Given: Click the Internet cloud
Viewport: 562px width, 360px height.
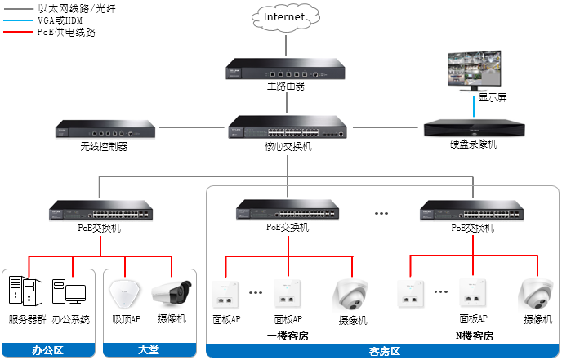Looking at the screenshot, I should [284, 16].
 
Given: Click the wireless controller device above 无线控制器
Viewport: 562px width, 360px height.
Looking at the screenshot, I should [104, 129].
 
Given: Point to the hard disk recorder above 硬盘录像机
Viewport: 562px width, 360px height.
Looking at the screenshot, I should [473, 128].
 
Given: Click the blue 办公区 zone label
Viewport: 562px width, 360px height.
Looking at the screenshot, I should [49, 350].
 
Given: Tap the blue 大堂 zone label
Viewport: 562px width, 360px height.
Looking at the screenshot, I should [150, 350].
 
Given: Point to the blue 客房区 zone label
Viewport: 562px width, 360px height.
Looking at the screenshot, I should [383, 352].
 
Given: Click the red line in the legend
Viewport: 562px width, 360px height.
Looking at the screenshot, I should [17, 31].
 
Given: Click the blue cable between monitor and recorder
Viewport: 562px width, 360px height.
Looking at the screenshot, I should [474, 108].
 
